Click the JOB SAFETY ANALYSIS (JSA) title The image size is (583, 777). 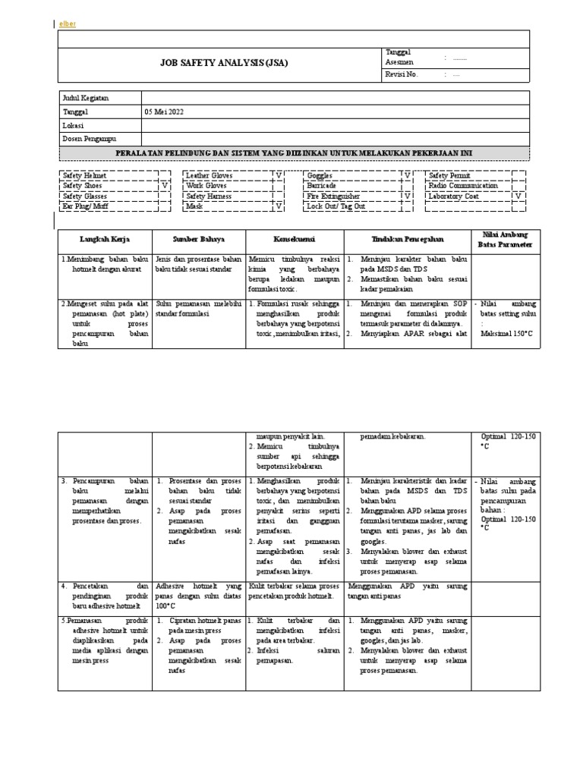point(223,64)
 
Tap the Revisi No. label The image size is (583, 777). point(402,74)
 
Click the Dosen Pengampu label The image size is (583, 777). point(89,139)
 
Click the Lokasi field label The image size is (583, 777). point(73,125)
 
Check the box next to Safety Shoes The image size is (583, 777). point(165,185)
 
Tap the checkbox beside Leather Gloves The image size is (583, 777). point(279,175)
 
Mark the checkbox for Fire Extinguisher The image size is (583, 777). point(406,196)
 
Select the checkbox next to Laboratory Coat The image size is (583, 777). point(518,196)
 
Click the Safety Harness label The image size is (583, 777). point(210,196)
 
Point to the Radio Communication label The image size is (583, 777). point(463,185)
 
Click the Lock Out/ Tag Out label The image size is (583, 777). point(336,206)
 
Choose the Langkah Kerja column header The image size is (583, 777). point(106,239)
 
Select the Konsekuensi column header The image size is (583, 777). point(295,239)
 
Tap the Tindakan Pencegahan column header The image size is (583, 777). point(407,239)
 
